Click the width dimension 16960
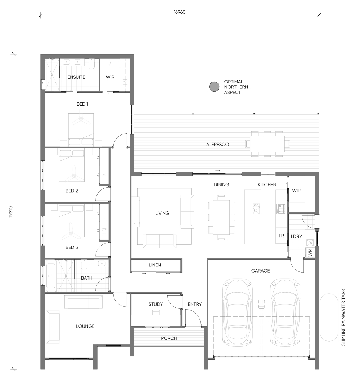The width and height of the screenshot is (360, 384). click(x=180, y=12)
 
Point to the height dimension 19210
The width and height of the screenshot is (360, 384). click(x=10, y=211)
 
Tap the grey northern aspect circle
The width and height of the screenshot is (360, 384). click(x=214, y=87)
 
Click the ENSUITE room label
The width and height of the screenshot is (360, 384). click(x=76, y=77)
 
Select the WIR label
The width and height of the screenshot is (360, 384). click(x=110, y=77)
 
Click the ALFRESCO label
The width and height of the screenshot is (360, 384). click(x=217, y=145)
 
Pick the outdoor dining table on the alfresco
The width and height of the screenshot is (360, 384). click(x=267, y=144)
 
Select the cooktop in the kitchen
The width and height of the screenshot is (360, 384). click(x=281, y=209)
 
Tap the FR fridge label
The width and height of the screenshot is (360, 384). click(x=281, y=236)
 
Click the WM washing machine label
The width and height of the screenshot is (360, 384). click(x=310, y=252)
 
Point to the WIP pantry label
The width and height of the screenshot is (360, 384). click(x=296, y=191)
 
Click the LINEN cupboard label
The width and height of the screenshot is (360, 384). click(x=155, y=265)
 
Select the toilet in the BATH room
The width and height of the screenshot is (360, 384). click(x=84, y=264)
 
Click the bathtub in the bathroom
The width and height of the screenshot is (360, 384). click(x=51, y=276)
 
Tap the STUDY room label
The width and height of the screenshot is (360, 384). click(x=156, y=304)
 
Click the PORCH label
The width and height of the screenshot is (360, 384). click(x=169, y=338)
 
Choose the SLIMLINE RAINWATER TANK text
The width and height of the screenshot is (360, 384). click(x=343, y=317)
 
